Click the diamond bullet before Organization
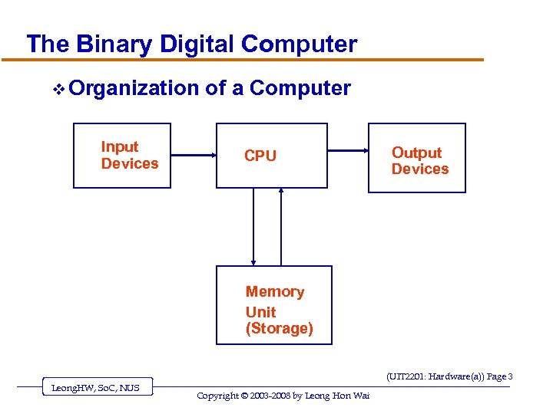point(58,90)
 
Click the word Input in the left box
point(120,146)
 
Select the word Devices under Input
point(130,163)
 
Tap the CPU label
point(260,156)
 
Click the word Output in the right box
point(416,153)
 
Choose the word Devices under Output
point(420,169)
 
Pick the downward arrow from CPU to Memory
point(253,226)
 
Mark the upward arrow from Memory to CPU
point(281,226)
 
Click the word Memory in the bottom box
point(274,291)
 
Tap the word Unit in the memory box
point(260,312)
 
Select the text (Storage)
point(279,329)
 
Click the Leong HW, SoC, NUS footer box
point(95,388)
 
